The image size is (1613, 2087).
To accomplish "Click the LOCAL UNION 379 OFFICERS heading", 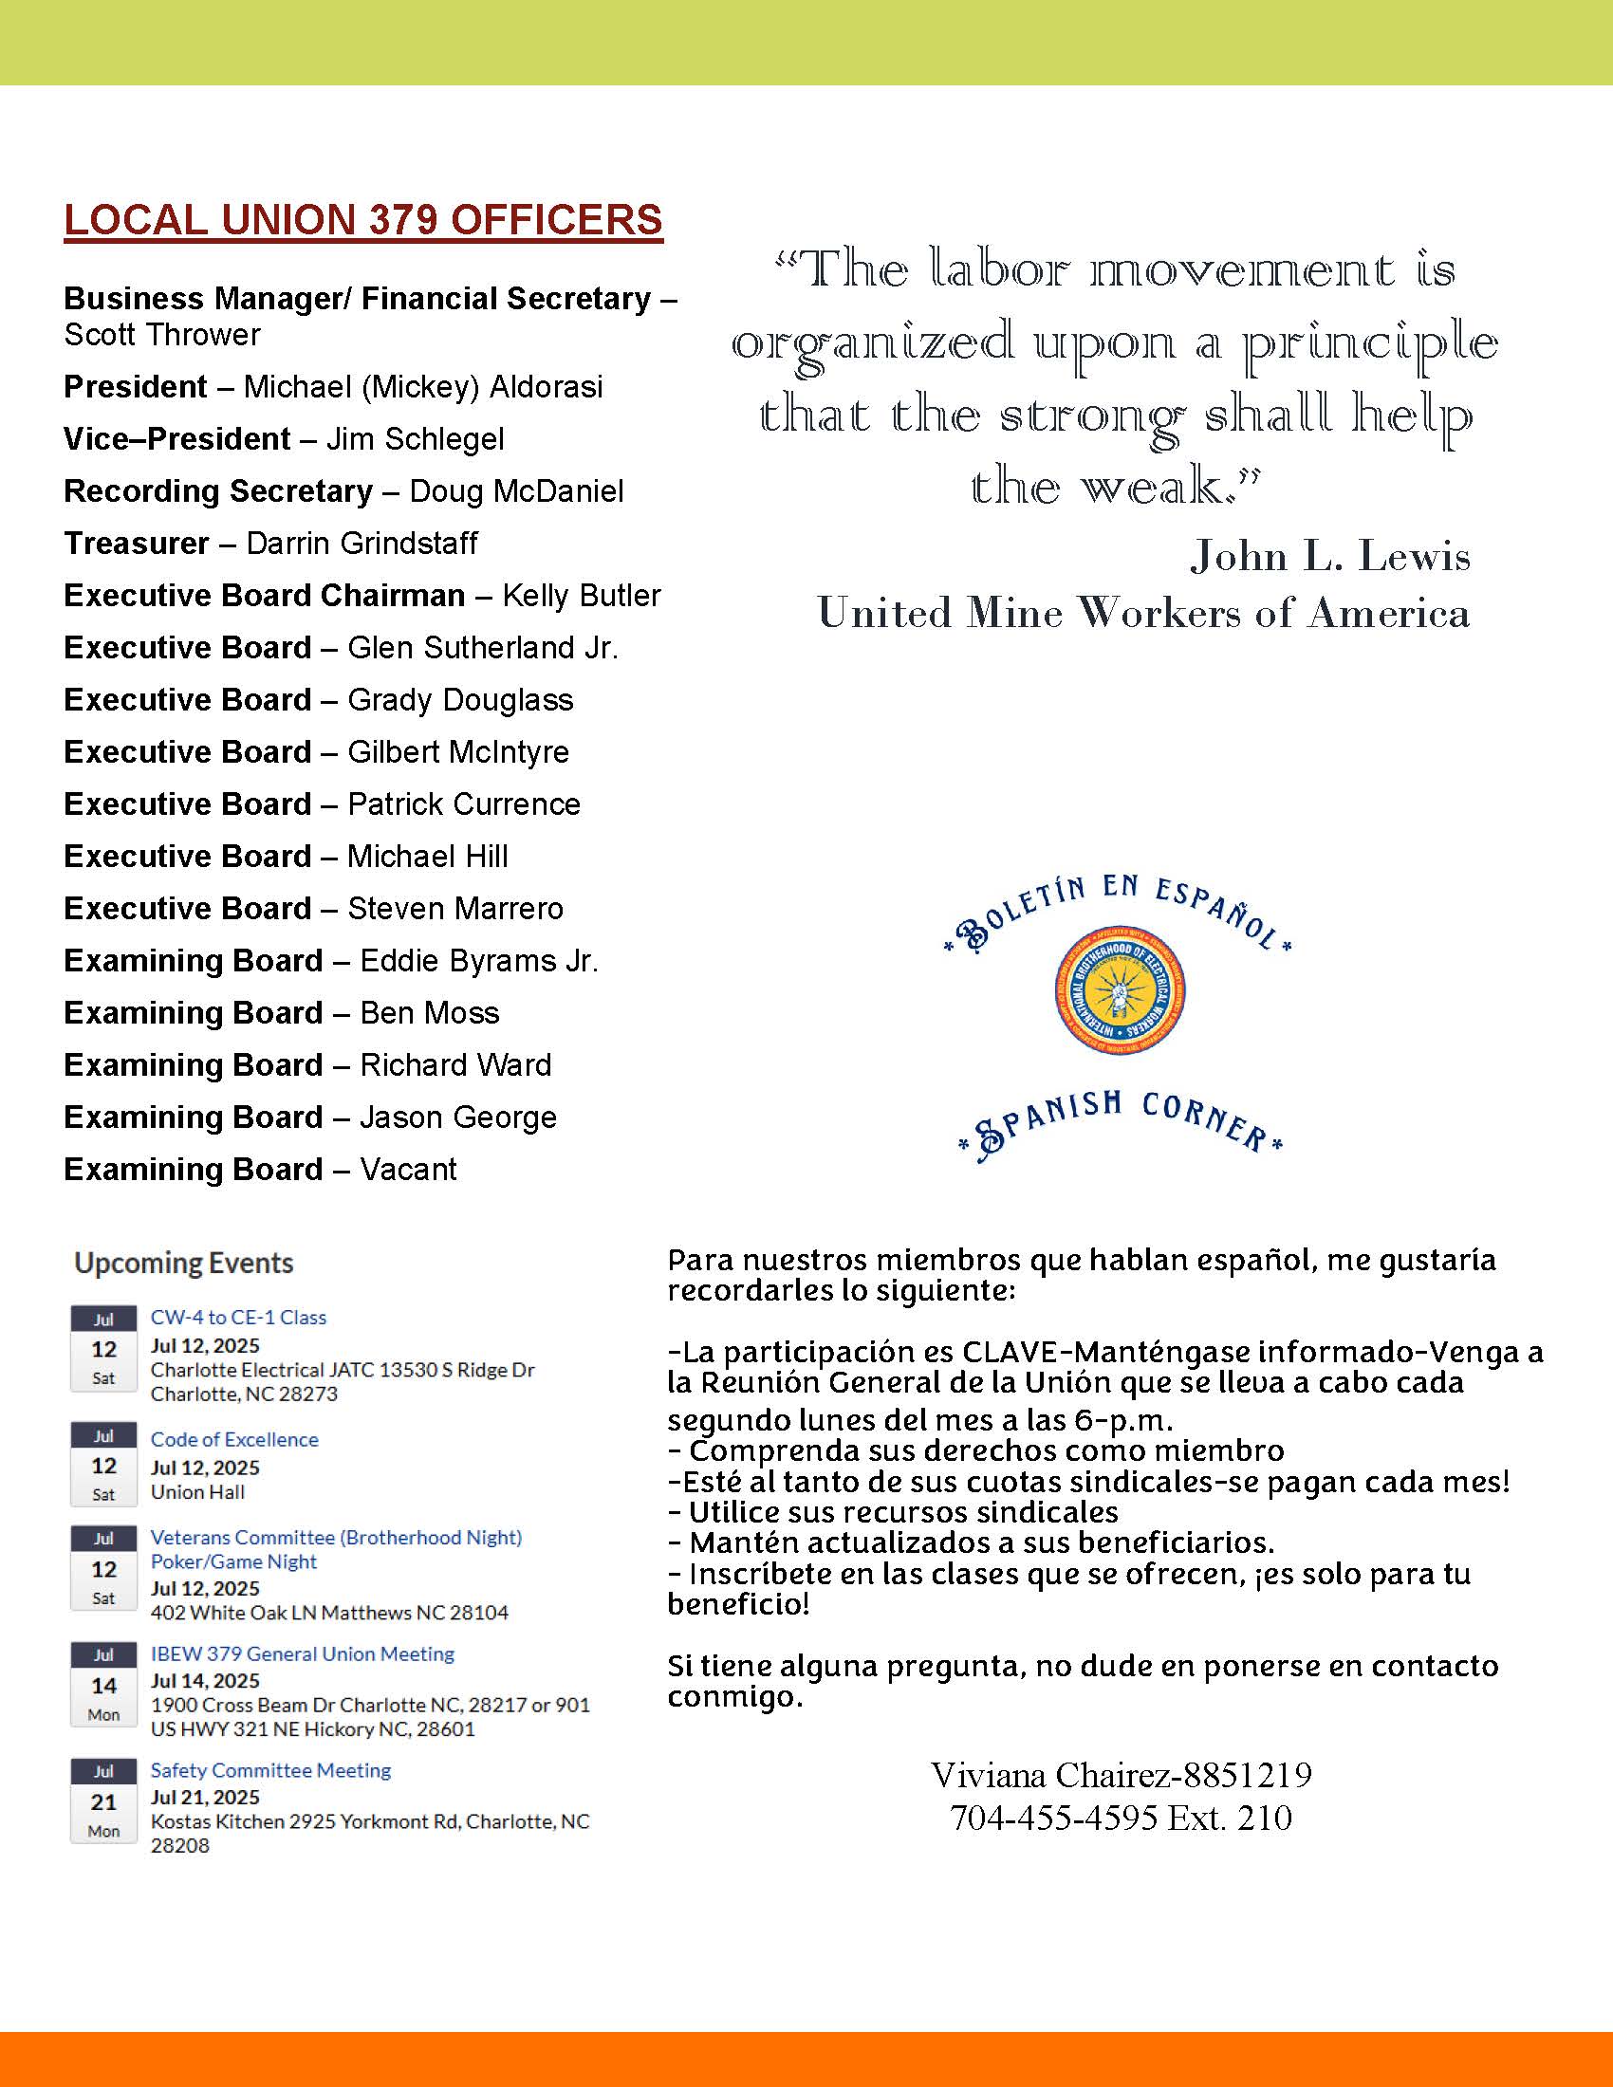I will point(363,221).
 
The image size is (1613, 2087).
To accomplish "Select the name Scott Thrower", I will point(162,336).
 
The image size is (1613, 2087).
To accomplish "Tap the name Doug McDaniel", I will point(516,491).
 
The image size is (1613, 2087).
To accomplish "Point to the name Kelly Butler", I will point(581,596).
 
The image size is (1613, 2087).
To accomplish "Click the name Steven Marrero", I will point(454,909).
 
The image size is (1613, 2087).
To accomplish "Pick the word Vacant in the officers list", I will point(408,1170).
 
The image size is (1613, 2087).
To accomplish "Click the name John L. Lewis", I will point(1329,556).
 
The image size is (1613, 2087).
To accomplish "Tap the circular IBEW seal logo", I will point(1120,990).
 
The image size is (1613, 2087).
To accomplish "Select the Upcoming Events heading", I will point(183,1264).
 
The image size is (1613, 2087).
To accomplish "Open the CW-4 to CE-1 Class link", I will point(238,1318).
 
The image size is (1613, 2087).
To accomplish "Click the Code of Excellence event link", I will point(234,1440).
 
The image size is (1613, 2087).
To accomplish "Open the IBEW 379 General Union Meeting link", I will point(302,1654).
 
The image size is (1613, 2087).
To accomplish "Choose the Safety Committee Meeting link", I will point(270,1771).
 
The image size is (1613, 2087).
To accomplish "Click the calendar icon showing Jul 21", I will point(103,1801).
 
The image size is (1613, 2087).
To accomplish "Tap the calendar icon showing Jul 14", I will point(103,1685).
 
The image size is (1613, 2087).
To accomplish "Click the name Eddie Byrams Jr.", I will point(479,961).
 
